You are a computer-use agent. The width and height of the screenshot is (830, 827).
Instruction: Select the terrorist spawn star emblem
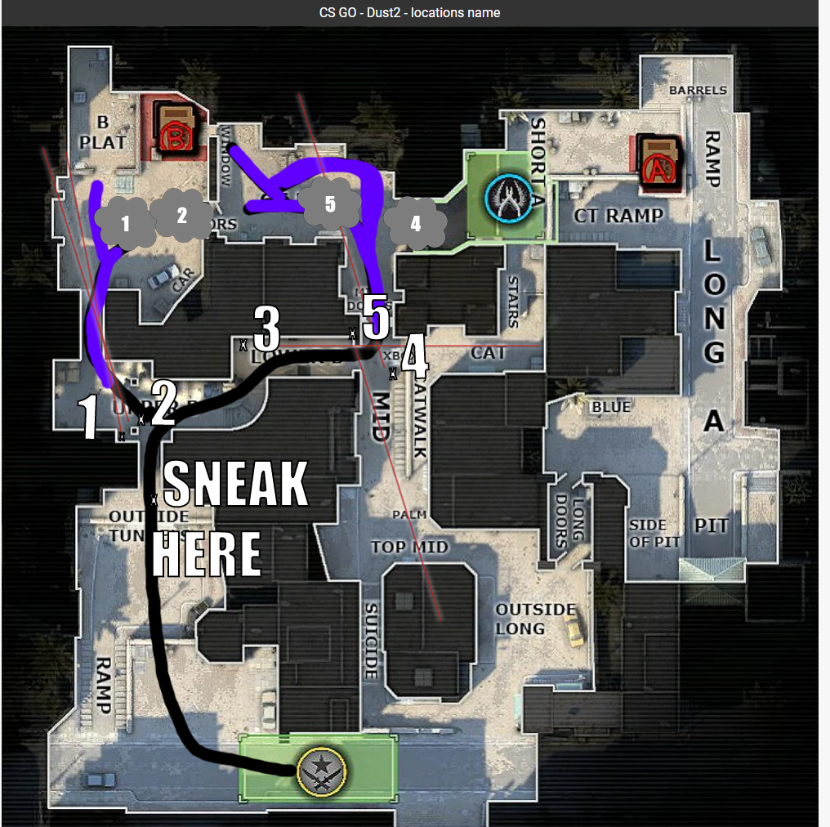click(x=323, y=770)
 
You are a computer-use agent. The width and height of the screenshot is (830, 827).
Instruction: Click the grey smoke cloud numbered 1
click(x=125, y=222)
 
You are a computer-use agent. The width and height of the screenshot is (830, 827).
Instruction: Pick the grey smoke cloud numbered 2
click(x=181, y=214)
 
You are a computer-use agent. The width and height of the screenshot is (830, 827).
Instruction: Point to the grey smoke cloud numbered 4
click(x=415, y=222)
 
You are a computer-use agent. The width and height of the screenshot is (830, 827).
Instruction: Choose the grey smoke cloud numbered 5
click(x=329, y=203)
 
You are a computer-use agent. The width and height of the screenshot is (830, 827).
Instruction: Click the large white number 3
click(x=266, y=329)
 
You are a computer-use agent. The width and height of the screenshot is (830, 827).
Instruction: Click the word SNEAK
click(x=236, y=484)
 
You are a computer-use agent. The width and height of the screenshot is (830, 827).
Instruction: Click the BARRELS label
click(x=698, y=90)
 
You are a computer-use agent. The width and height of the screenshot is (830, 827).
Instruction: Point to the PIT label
click(x=711, y=525)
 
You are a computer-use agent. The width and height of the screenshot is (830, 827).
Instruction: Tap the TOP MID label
click(x=409, y=547)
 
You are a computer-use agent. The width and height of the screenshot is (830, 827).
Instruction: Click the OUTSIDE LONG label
click(x=535, y=619)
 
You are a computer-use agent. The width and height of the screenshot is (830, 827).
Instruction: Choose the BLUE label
click(x=611, y=407)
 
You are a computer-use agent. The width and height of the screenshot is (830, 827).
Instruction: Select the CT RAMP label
click(x=618, y=216)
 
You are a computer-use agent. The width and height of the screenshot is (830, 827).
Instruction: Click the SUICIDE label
click(x=371, y=641)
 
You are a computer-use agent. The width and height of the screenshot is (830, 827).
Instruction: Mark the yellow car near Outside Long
click(x=574, y=630)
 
